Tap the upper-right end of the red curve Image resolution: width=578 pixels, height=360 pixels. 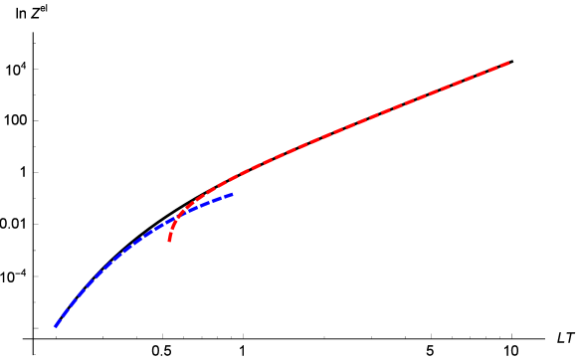(509, 63)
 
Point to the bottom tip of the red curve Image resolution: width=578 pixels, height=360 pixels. (169, 241)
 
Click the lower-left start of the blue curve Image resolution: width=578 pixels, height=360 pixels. (55, 326)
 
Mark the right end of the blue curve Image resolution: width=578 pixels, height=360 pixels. (233, 194)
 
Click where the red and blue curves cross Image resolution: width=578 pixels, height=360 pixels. (179, 215)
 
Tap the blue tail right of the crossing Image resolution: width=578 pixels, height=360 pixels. (209, 202)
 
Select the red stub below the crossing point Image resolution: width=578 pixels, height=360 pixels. (171, 231)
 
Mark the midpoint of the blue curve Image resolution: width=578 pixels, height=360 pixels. (124, 250)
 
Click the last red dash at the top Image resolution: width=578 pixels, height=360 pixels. (504, 65)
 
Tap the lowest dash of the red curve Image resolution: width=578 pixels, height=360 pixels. (170, 238)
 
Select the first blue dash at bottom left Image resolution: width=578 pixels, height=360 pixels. (58, 322)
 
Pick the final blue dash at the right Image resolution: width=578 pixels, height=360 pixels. (229, 195)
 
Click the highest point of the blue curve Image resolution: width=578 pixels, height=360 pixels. (232, 194)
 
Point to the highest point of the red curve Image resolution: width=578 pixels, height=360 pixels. (508, 63)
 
